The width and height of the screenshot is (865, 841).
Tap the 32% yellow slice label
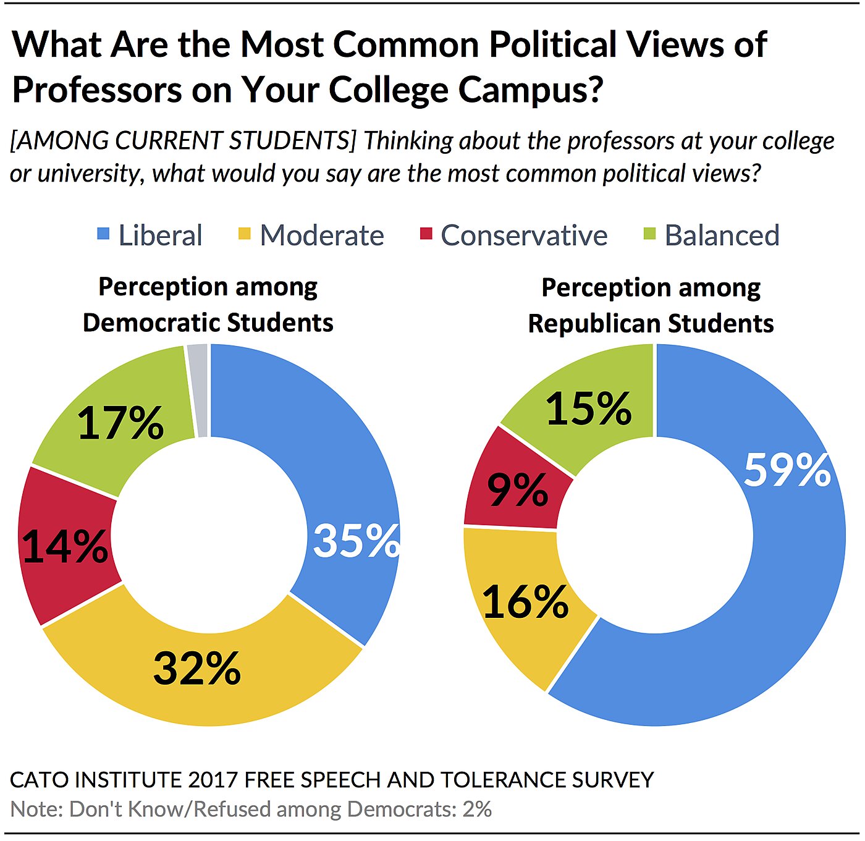pos(196,668)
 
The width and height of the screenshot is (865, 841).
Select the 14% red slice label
pos(64,546)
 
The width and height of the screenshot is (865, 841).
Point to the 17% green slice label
pos(120,423)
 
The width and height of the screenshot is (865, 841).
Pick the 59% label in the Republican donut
pos(787,470)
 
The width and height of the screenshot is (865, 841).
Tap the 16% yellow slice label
pos(525,602)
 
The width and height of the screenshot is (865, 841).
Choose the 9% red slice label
pos(517,490)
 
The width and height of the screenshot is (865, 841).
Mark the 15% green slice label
pos(588,409)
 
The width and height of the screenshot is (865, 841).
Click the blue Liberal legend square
pos(104,234)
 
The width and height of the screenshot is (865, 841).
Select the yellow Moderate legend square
pos(245,234)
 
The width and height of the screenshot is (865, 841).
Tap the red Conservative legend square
pos(426,234)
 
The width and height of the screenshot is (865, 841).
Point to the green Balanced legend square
pos(649,234)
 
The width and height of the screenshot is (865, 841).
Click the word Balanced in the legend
pos(722,235)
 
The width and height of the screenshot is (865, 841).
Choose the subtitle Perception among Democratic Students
pos(208,305)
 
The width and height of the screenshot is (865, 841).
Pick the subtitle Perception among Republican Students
pos(651,305)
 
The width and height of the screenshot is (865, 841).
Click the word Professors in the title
pos(97,90)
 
